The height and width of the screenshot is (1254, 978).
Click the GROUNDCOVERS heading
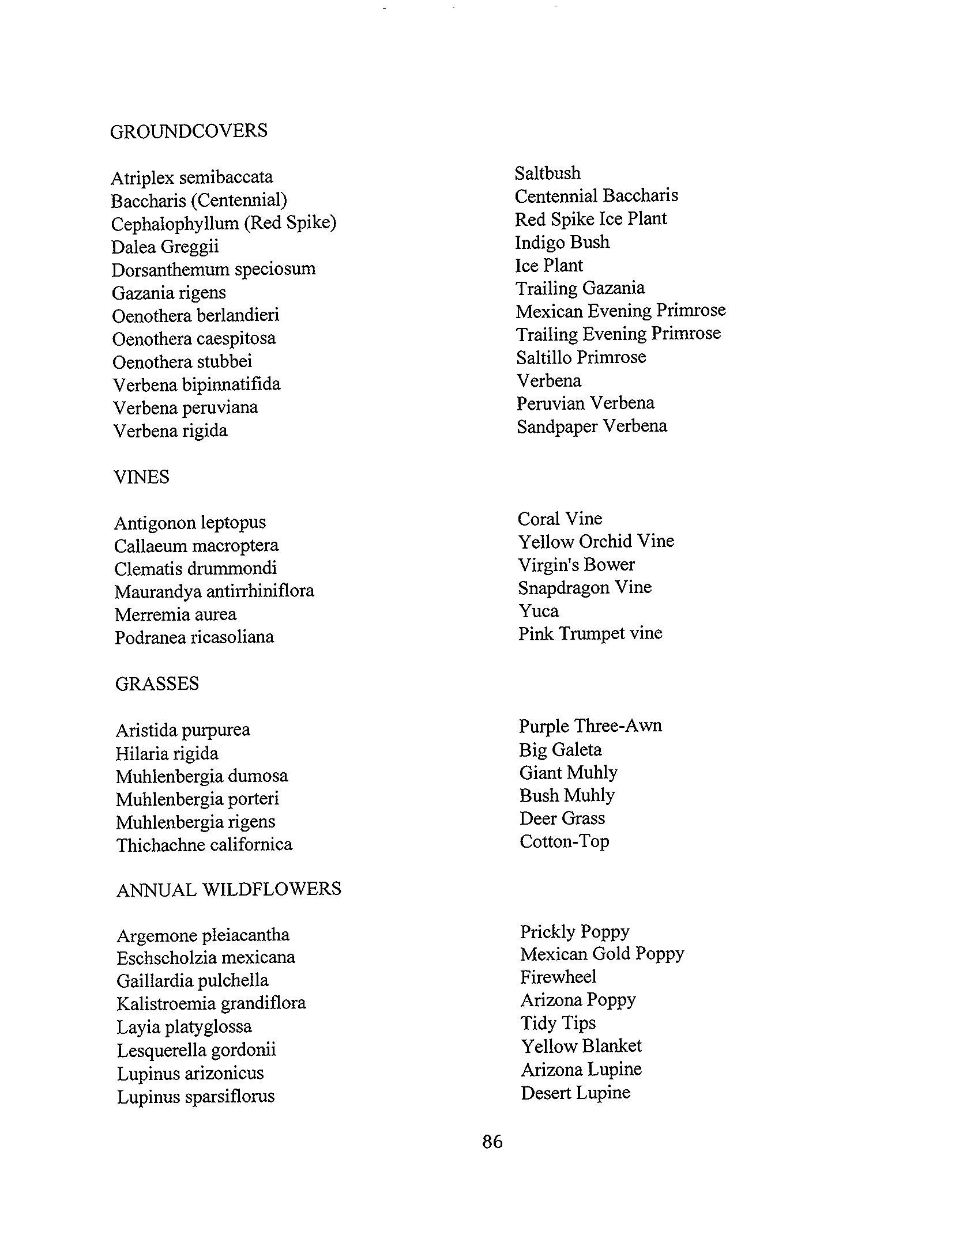point(189,131)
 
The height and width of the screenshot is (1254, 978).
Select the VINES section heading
point(141,477)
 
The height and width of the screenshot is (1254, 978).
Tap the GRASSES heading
point(157,684)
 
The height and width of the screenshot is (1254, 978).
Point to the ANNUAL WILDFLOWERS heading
point(229,889)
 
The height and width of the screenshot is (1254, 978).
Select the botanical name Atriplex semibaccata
point(192,177)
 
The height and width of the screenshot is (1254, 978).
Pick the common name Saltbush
point(547,173)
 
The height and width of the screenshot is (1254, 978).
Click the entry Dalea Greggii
point(165,247)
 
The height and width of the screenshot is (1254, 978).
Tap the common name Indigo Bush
point(562,242)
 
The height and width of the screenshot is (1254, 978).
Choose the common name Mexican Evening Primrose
point(620,311)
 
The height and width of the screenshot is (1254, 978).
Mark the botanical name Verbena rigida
point(170,431)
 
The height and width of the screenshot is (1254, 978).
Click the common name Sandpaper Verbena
point(592,426)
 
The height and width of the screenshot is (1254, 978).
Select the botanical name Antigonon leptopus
point(190,523)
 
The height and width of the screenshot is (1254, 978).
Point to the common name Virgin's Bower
point(576,565)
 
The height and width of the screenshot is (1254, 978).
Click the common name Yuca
point(539,611)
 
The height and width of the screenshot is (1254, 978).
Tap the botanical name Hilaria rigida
point(167,754)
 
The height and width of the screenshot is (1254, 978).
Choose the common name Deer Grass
point(562,818)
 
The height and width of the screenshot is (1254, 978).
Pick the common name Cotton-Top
point(564,841)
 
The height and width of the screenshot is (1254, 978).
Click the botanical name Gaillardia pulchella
point(192,980)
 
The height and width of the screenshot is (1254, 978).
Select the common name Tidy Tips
point(558,1023)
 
